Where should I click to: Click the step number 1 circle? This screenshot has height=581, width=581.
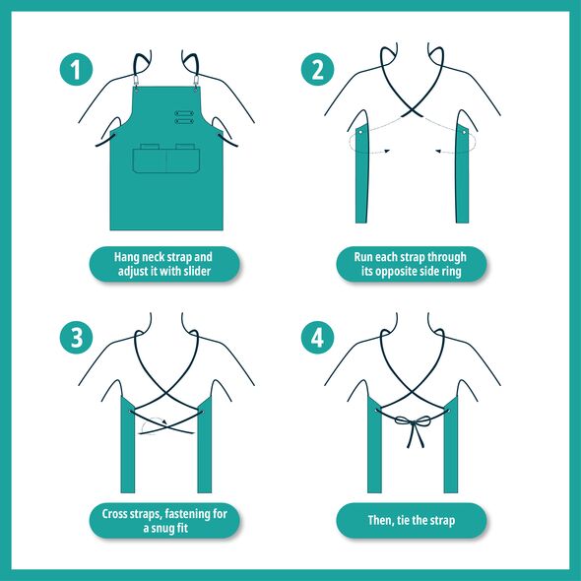point(76,69)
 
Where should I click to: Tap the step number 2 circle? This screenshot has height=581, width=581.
point(317,69)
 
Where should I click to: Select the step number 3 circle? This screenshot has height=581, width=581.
point(76,337)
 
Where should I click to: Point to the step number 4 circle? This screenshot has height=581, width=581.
point(317,337)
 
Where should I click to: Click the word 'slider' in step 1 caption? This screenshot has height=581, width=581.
point(197,271)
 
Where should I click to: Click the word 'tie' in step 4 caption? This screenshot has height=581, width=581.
point(403,520)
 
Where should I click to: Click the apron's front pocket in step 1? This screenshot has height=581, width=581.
point(166,161)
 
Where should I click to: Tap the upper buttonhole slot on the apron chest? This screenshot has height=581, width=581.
point(184,113)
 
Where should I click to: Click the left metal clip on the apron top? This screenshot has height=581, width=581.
point(136,82)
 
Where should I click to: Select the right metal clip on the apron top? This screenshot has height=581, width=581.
point(196,82)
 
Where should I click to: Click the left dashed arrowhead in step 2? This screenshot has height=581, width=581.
point(386,151)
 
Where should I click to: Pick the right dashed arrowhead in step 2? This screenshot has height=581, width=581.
point(438,151)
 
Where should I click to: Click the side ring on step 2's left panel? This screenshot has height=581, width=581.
point(360,132)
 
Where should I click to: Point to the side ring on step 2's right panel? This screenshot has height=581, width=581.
point(464,132)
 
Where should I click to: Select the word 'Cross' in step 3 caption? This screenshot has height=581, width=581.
point(114,514)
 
